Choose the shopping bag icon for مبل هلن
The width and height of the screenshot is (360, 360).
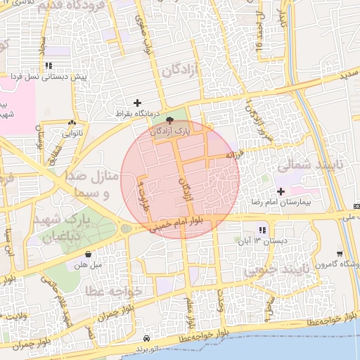click(x=88, y=255)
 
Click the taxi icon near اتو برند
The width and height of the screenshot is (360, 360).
click(x=146, y=338)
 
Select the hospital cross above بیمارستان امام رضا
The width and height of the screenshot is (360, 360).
click(x=281, y=191)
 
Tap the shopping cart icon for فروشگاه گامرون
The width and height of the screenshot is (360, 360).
click(x=340, y=254)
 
